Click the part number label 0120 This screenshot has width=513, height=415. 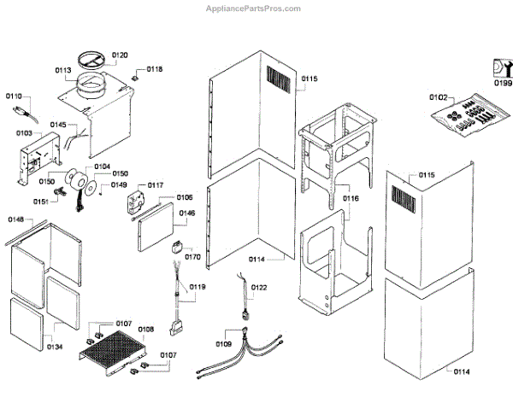tap(120, 55)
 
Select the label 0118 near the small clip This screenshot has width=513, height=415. tap(155, 69)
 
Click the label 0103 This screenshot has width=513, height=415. tap(24, 133)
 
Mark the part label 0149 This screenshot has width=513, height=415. tap(120, 184)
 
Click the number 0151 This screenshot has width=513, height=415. tap(41, 202)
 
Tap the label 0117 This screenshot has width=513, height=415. tap(156, 184)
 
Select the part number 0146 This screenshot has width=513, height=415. tap(186, 213)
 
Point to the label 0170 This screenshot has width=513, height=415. tap(193, 255)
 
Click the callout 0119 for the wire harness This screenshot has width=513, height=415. tap(198, 287)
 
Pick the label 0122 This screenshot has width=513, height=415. tap(259, 288)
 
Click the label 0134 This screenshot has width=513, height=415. tap(55, 347)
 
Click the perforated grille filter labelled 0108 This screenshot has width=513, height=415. tap(114, 353)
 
